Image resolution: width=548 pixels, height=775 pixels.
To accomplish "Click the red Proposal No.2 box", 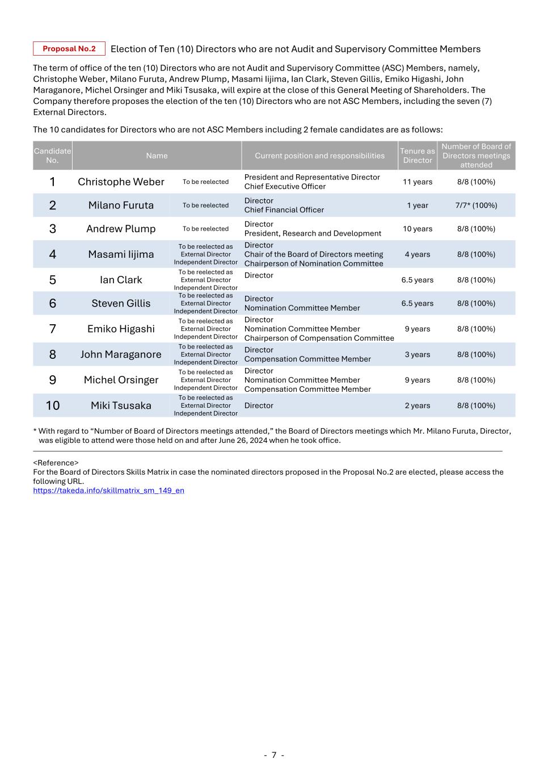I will tap(69, 49).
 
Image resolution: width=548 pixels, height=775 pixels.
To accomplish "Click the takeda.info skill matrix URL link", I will tap(108, 491).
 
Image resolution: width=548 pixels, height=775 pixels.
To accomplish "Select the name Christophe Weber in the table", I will tap(121, 182).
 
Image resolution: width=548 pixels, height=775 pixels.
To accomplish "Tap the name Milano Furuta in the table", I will tap(121, 206).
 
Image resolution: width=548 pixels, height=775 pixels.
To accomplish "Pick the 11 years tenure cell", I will tap(418, 182).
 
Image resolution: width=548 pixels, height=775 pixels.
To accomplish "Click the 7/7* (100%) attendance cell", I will tap(476, 206).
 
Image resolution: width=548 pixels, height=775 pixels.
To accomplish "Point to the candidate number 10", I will tap(52, 405).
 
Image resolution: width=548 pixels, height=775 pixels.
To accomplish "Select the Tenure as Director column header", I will tap(418, 156).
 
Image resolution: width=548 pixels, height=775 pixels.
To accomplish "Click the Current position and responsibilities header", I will tap(319, 156).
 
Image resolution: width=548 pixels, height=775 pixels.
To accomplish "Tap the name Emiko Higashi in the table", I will tap(121, 329).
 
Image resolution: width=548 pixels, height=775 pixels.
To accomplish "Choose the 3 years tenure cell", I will tap(418, 354).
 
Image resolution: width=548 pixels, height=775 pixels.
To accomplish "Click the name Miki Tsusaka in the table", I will tap(121, 405).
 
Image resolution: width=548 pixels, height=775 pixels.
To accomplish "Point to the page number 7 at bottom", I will tap(274, 755).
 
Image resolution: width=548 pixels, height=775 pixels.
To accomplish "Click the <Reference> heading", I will tap(56, 463).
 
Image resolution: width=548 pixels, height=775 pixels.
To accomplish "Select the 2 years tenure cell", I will tap(418, 405).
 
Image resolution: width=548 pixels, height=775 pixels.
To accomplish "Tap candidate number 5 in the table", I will tap(52, 280).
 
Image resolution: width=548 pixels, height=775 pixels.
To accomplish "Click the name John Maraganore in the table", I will tap(121, 354).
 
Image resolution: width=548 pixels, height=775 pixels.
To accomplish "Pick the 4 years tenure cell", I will tap(418, 254).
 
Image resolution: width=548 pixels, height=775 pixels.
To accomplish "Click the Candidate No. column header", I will tap(52, 156).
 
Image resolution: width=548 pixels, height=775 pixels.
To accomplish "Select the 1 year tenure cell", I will tap(418, 206).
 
